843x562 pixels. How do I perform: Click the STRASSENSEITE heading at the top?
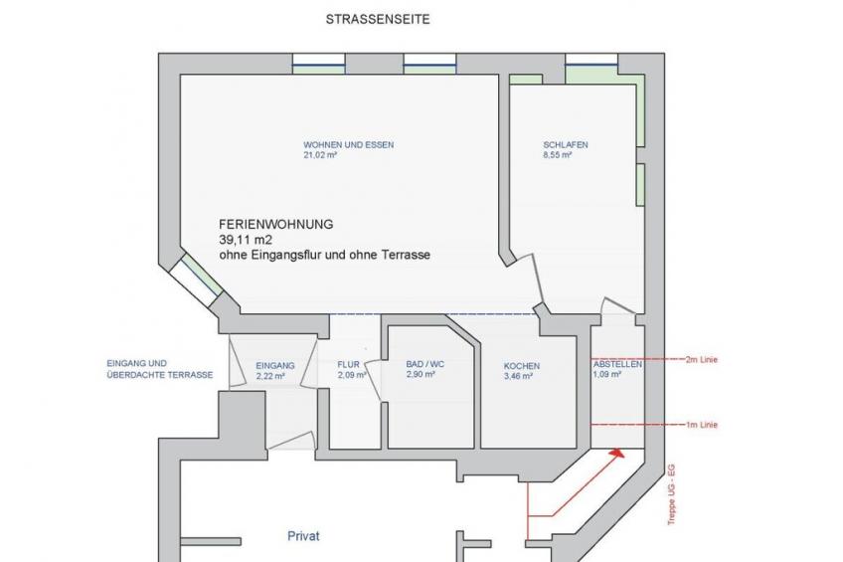(x=378, y=19)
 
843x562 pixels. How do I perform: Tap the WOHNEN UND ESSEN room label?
(x=348, y=144)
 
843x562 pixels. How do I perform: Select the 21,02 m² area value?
(x=320, y=155)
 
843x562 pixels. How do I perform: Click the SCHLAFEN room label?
(x=565, y=144)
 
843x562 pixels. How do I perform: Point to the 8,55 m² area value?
(x=557, y=155)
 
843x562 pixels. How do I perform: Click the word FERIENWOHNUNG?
(x=275, y=224)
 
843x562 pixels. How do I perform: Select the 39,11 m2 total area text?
(x=242, y=240)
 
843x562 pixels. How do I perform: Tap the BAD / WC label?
(x=424, y=364)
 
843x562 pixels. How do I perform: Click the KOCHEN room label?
(x=522, y=366)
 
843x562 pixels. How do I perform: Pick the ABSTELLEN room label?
(x=617, y=364)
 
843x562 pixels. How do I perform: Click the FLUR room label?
(x=348, y=365)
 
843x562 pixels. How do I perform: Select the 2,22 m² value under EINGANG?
(x=270, y=376)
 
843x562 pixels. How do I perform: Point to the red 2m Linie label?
(x=702, y=359)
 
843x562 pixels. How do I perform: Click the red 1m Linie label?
(x=702, y=425)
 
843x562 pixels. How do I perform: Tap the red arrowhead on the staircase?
(x=617, y=453)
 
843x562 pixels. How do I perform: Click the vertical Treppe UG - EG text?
(x=671, y=494)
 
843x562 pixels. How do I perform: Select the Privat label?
(x=303, y=536)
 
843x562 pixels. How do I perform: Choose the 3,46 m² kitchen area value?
(x=518, y=376)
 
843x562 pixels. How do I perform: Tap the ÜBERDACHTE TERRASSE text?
(x=160, y=375)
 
